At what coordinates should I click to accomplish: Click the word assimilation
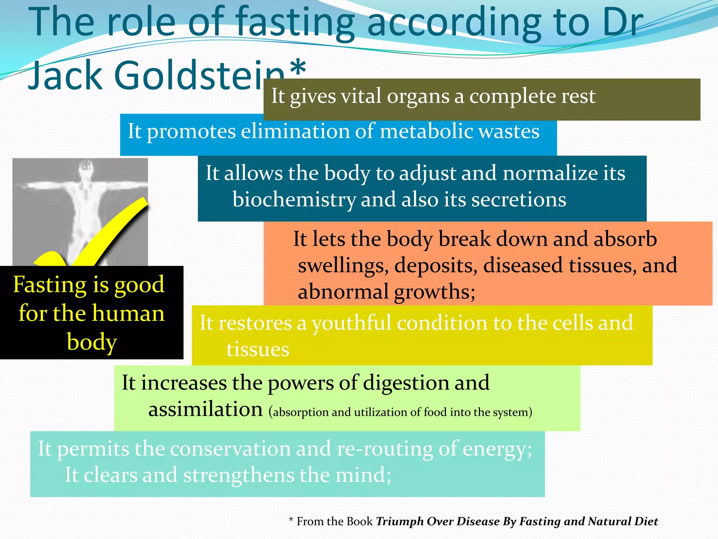[205, 409]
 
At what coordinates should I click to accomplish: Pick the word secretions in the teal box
[519, 200]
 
